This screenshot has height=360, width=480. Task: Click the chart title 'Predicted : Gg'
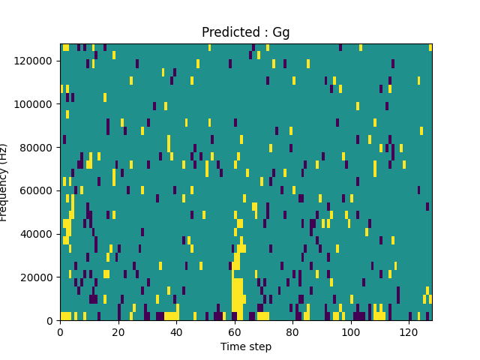(x=245, y=32)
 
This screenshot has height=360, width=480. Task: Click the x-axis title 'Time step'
(x=245, y=346)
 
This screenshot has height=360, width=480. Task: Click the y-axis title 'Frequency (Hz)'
(x=5, y=182)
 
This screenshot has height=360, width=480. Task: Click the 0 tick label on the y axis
(x=50, y=320)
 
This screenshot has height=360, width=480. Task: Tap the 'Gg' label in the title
(x=281, y=33)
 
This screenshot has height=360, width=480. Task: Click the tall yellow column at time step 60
(x=237, y=296)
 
